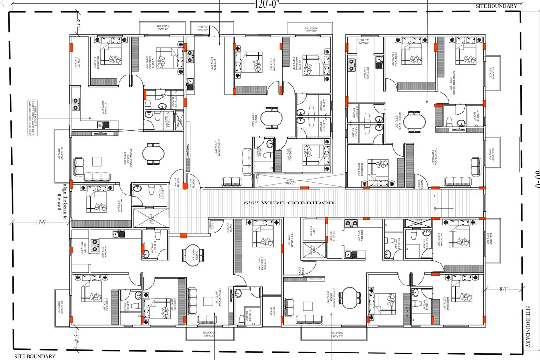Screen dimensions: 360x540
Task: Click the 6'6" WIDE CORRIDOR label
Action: point(289,202)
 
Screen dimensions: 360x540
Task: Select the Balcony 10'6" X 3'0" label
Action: point(311,29)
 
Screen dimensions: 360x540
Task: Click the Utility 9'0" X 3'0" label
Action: point(202,29)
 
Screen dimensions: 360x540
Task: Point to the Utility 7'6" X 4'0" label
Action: point(364,42)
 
